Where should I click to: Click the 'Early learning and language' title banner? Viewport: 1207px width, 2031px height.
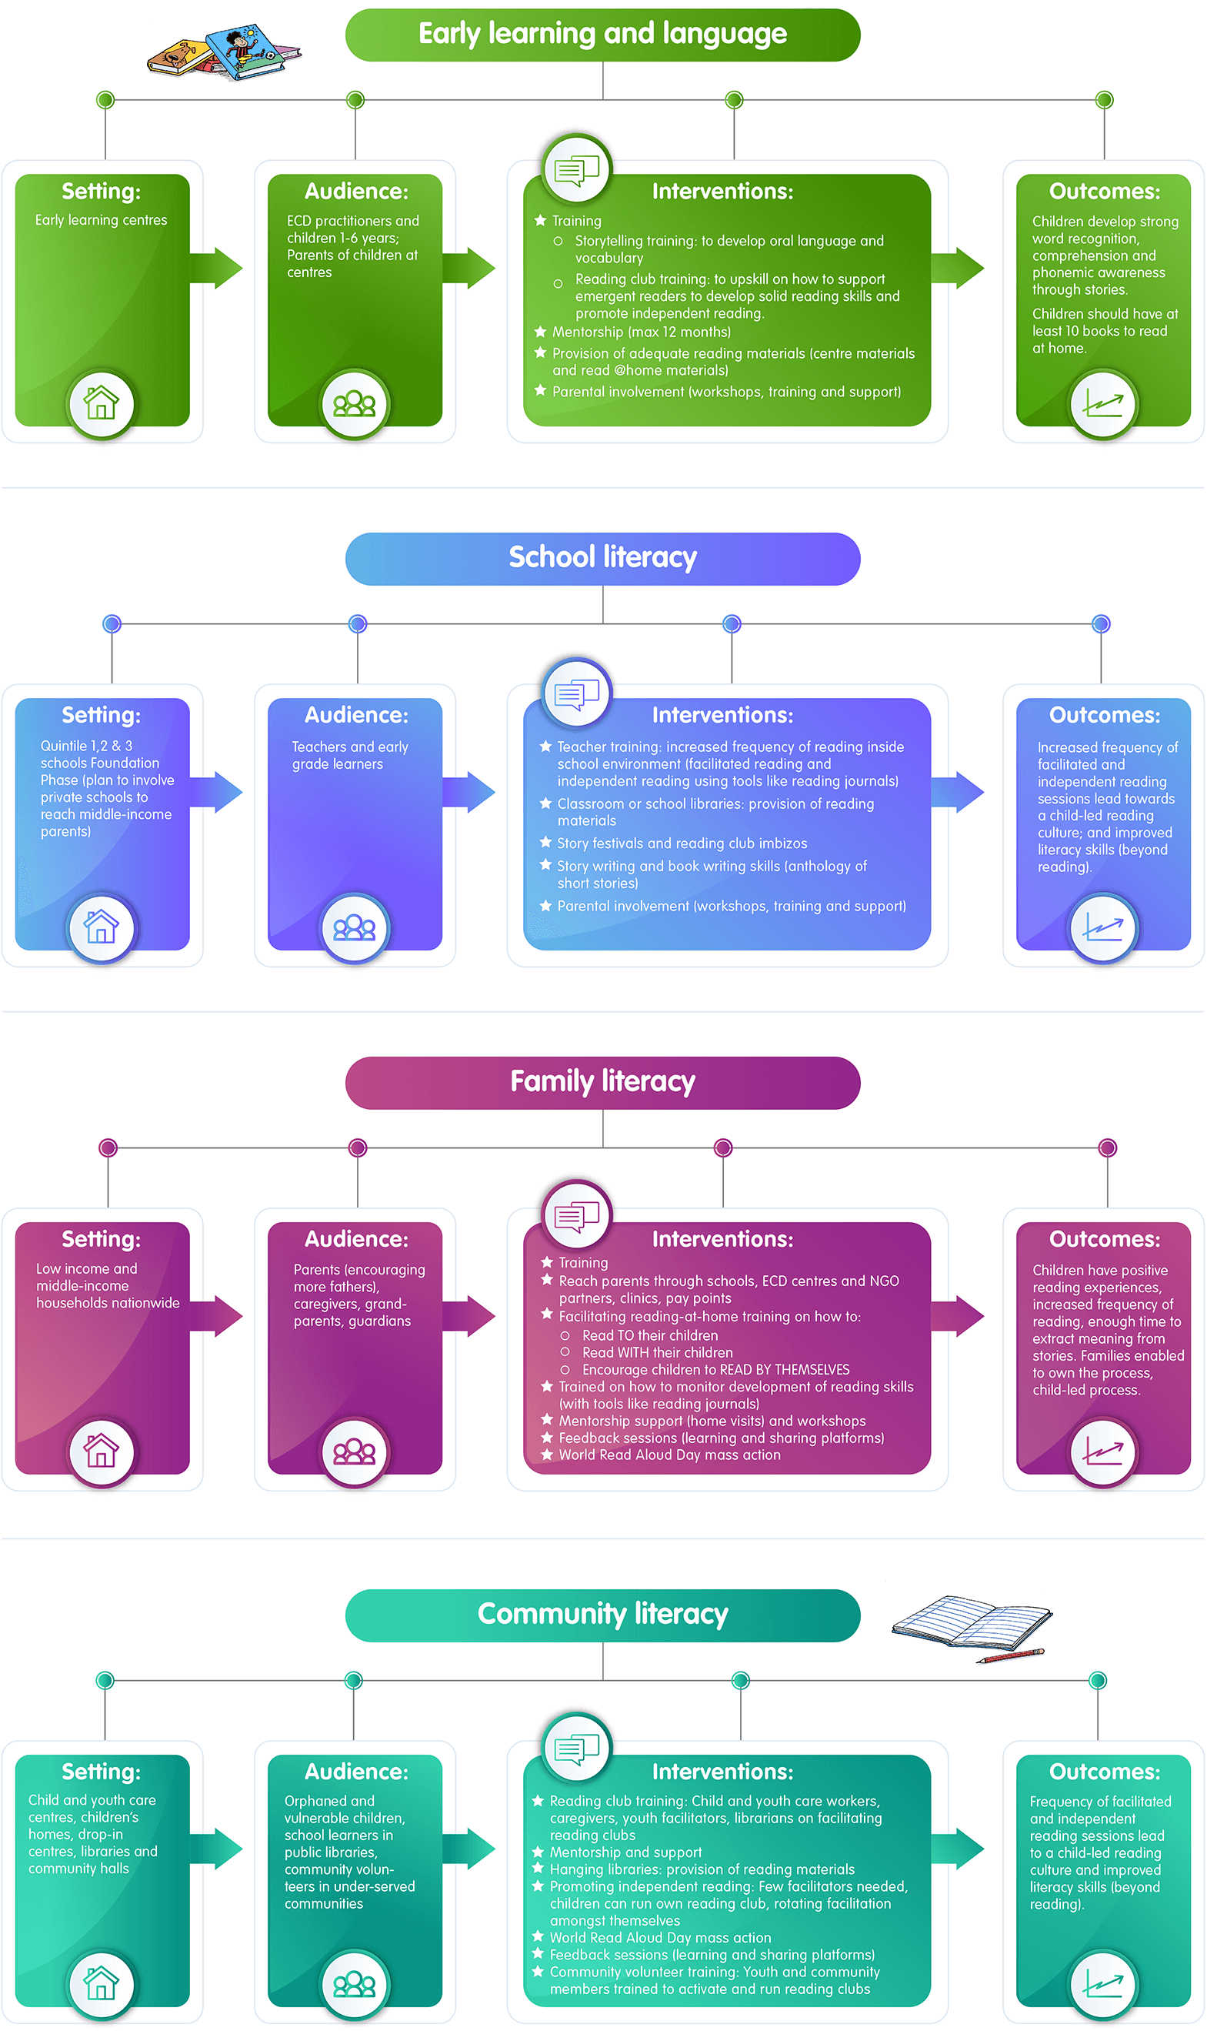click(602, 35)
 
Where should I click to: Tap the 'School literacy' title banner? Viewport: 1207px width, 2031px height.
click(602, 559)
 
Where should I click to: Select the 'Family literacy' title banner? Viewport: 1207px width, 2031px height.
click(602, 1083)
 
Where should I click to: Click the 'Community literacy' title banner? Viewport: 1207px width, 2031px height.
click(602, 1615)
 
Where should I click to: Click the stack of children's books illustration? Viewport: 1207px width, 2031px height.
click(224, 52)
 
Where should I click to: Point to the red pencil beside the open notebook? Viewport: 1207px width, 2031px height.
click(1010, 1656)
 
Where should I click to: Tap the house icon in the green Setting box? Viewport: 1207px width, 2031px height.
click(101, 403)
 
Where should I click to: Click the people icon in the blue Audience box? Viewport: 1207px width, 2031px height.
click(355, 927)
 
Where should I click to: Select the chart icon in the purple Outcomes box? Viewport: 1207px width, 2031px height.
click(1103, 1451)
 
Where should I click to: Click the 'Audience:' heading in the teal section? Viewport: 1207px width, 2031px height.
click(356, 1772)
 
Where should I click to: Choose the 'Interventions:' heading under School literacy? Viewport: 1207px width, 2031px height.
click(722, 715)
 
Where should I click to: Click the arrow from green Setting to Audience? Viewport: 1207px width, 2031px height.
click(216, 268)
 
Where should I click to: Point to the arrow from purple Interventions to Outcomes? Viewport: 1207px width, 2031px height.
click(957, 1316)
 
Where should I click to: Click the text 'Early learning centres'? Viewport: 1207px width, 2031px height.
click(101, 221)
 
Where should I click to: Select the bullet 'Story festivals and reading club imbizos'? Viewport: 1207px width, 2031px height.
click(673, 843)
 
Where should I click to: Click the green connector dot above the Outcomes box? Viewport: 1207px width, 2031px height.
click(1104, 100)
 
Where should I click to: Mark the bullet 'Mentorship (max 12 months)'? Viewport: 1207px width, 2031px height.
click(633, 332)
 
